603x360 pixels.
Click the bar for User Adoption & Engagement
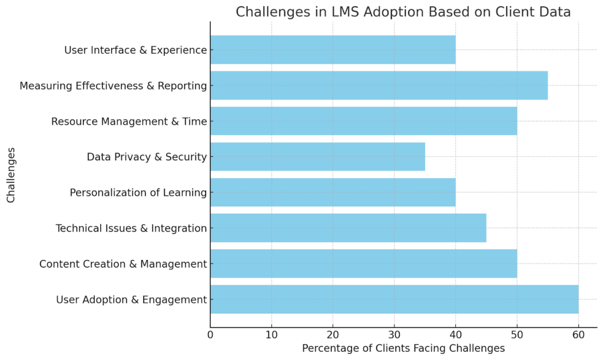coord(394,299)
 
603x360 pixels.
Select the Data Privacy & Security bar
coord(317,157)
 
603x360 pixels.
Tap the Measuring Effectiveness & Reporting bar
coord(379,85)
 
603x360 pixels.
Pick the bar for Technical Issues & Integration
coord(348,228)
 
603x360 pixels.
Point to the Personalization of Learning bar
coord(333,192)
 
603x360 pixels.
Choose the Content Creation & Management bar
coord(363,263)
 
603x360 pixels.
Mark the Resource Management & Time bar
coord(363,121)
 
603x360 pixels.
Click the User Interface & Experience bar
coord(333,50)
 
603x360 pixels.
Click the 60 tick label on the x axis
coord(578,335)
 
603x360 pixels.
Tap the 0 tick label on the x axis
coord(210,335)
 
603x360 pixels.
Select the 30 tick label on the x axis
coord(394,335)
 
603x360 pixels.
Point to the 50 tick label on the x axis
coord(517,335)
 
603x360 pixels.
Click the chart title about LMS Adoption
coord(403,12)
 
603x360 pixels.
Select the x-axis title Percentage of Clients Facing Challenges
coord(403,348)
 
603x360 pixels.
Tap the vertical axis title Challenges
coord(11,174)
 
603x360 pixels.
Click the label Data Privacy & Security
coord(147,157)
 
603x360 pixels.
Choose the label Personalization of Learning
coord(138,192)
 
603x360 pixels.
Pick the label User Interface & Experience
coord(135,50)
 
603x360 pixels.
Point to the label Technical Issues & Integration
coord(131,228)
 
